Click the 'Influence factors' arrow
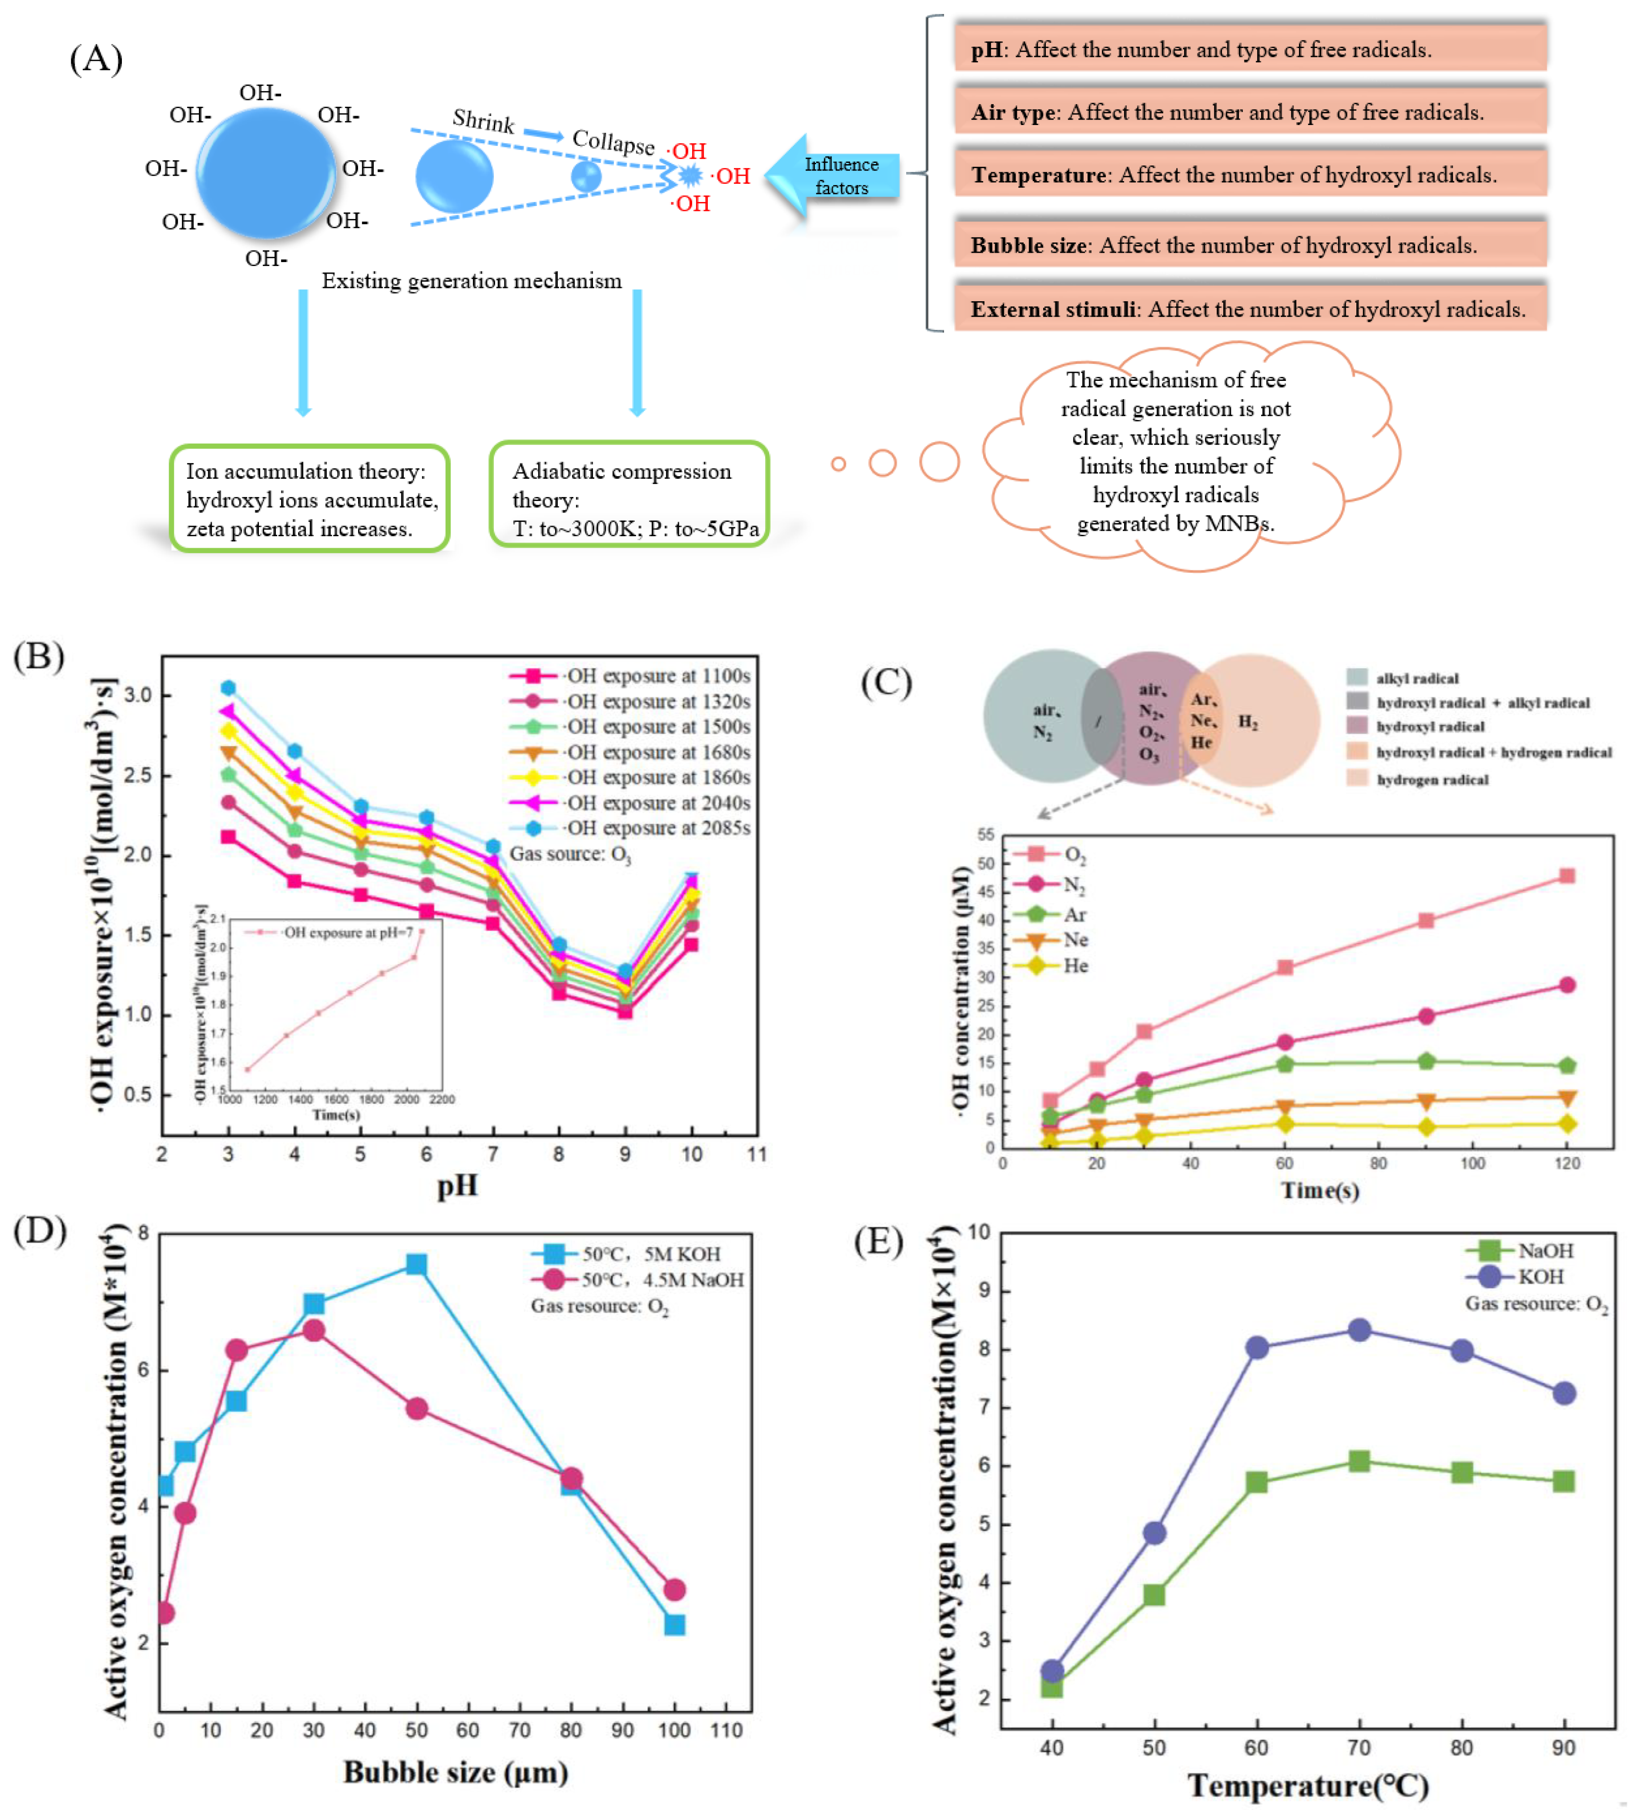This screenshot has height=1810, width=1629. [832, 175]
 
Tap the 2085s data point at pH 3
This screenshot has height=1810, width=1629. [228, 687]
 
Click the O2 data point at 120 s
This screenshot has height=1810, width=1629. [1566, 876]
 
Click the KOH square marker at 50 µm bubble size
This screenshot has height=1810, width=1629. [416, 1264]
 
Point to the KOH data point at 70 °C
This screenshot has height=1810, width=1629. [1359, 1330]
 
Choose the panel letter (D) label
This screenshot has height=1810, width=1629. [40, 1232]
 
